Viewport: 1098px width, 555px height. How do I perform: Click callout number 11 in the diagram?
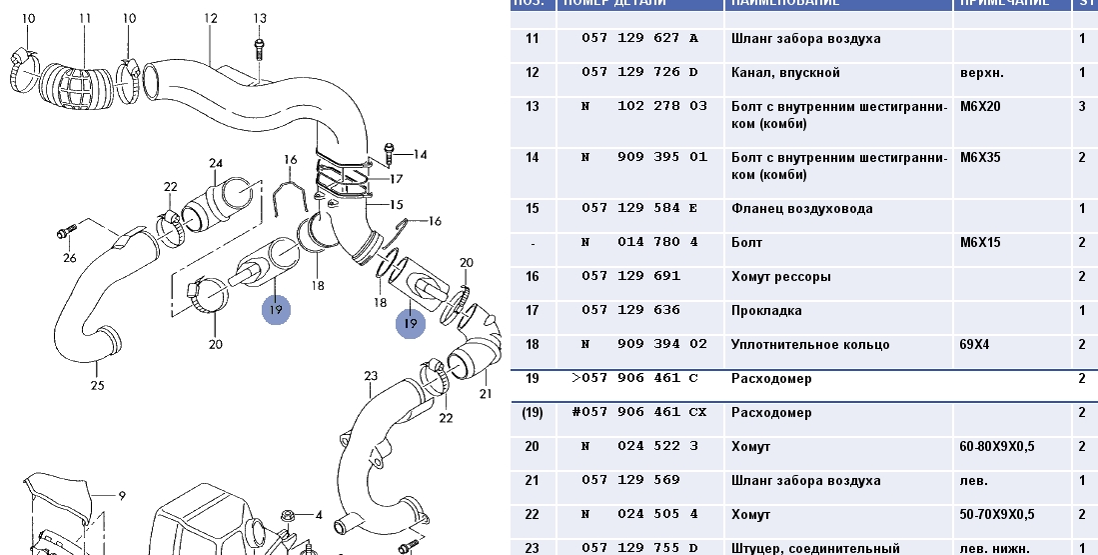point(84,19)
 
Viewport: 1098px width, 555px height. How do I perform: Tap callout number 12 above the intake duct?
point(210,18)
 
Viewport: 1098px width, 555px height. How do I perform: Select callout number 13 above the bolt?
point(260,18)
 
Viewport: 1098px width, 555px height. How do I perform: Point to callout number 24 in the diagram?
point(215,163)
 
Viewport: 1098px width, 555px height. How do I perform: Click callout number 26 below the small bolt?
point(69,258)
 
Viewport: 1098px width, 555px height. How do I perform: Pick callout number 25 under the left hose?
point(97,385)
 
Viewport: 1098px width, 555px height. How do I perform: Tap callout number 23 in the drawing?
point(371,376)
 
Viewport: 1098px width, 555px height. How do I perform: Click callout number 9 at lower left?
point(122,494)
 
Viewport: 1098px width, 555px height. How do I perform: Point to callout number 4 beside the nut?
point(319,515)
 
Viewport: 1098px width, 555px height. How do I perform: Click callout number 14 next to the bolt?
point(420,154)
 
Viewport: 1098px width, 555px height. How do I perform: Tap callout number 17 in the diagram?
point(397,179)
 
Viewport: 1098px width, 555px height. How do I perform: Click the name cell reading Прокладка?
point(766,311)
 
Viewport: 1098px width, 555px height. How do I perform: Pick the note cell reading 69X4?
point(975,345)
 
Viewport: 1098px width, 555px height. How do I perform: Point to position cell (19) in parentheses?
point(532,413)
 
